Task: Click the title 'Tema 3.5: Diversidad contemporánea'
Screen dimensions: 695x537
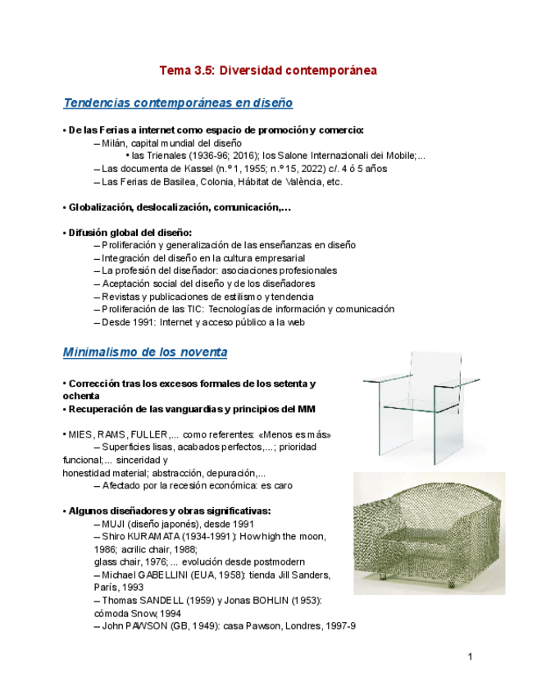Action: point(268,70)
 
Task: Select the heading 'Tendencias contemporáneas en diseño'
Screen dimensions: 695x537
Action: point(178,103)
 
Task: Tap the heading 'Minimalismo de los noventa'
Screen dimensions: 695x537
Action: point(145,352)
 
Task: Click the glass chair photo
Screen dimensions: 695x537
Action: point(409,403)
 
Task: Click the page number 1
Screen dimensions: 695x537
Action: point(471,656)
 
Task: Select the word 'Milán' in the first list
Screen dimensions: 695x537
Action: point(116,143)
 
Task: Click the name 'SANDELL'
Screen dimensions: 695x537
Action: point(163,601)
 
